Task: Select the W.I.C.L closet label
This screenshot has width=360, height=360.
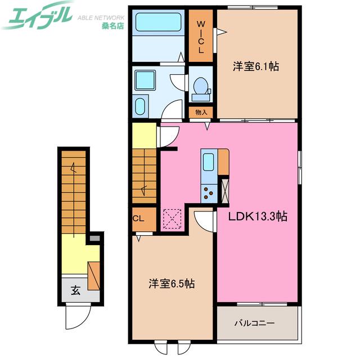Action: click(201, 37)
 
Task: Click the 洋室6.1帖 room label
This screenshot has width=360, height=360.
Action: click(256, 66)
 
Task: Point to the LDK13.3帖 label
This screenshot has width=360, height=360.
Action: click(258, 216)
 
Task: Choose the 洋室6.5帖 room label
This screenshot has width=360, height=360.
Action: click(172, 283)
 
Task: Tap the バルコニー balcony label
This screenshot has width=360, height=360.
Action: click(254, 323)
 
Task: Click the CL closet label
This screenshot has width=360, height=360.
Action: click(138, 218)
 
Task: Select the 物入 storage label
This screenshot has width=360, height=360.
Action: click(201, 112)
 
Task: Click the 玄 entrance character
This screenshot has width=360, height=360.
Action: click(75, 290)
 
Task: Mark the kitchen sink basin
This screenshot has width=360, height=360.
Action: click(209, 162)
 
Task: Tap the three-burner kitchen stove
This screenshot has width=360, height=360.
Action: click(209, 193)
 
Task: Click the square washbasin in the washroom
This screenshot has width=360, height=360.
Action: click(145, 80)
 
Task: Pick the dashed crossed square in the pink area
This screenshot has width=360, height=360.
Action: click(172, 219)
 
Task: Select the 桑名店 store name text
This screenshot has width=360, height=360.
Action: click(112, 26)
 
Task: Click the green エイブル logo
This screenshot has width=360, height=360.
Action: click(37, 16)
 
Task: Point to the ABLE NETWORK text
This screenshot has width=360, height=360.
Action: click(101, 17)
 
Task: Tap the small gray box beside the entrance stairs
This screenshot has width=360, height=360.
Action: click(94, 238)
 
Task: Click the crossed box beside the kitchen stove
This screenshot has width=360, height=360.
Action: click(225, 190)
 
